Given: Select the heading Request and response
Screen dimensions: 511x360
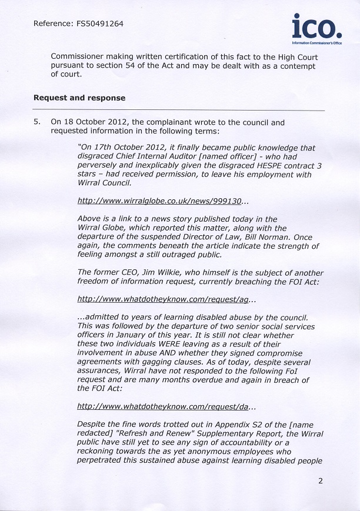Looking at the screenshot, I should point(79,98).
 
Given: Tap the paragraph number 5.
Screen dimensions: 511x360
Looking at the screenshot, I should point(37,122).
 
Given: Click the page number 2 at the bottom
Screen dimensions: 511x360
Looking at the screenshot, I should point(321,480).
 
